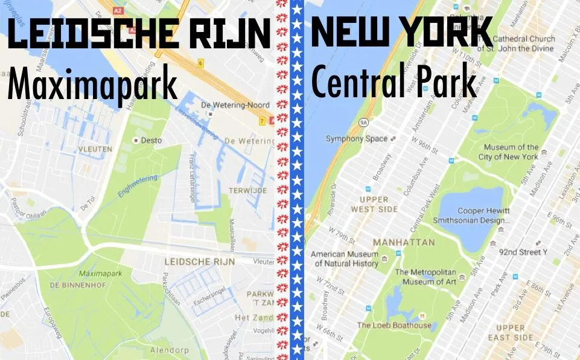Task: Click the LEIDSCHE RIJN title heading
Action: coord(138,35)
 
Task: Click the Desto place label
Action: coord(151,140)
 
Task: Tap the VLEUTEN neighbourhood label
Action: coord(95,149)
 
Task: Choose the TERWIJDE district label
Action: coord(247,190)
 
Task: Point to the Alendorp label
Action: coord(169,350)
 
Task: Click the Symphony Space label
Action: coord(357,139)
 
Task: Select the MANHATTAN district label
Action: coord(404,242)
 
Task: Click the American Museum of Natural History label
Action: coord(345,259)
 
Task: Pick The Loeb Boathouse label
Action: coord(394,325)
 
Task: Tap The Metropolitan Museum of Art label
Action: coord(425,277)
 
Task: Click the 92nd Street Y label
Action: coord(523,252)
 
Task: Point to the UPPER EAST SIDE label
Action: coord(511,333)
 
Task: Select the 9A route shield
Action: coord(363,122)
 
